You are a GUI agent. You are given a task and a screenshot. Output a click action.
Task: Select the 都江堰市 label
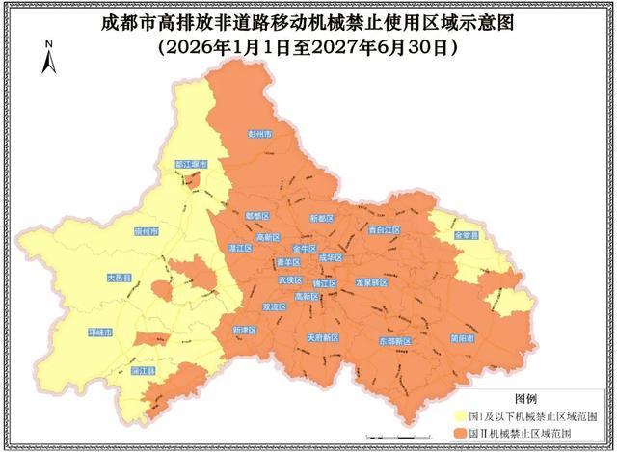tap(191, 165)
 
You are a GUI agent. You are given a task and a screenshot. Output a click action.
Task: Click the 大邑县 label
tap(119, 278)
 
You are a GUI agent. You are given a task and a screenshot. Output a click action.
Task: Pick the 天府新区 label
tap(322, 338)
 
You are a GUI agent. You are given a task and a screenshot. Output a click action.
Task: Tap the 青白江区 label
tap(384, 230)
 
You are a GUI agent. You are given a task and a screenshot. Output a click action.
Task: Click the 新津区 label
tap(246, 330)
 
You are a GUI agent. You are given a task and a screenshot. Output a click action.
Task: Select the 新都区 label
tap(321, 219)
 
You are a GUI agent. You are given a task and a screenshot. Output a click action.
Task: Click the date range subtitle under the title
tap(308, 44)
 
